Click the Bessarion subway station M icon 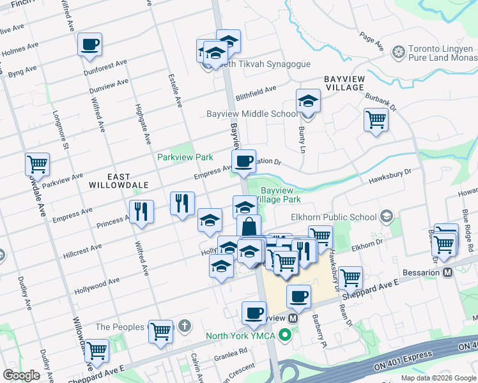coord(447,272)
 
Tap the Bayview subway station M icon coord(293,317)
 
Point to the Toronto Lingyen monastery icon coord(399,51)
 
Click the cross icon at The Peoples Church coord(184,327)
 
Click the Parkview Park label coord(185,157)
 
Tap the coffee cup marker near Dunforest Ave coord(89,45)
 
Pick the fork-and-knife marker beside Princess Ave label coord(141,211)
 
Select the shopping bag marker coord(249,226)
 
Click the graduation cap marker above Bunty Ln coord(308,101)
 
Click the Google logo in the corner coord(21,375)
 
